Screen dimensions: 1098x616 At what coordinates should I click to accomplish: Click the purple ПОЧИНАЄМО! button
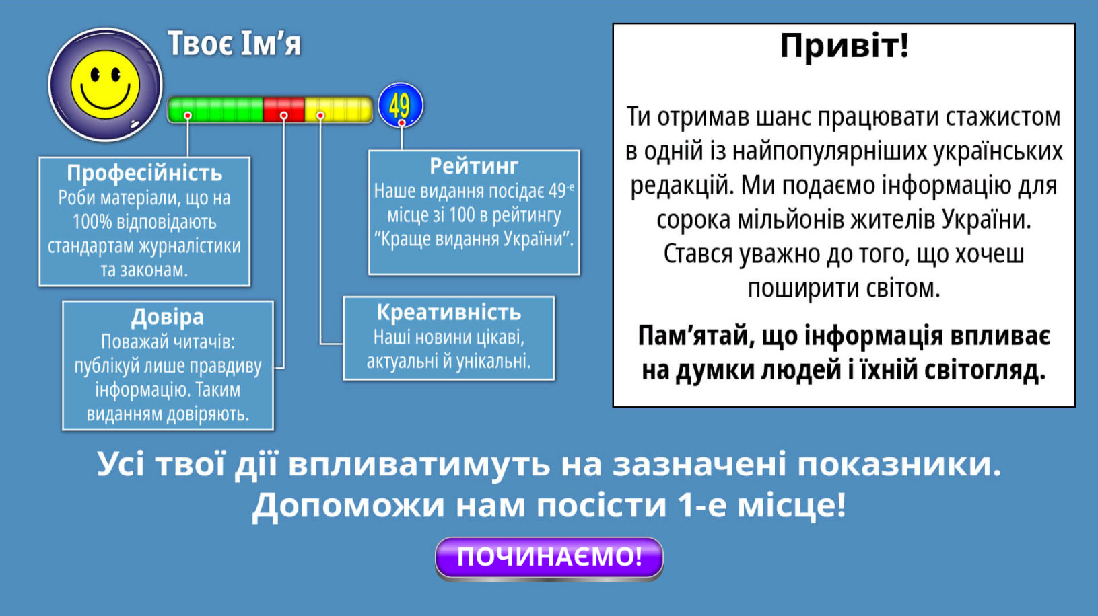tap(549, 558)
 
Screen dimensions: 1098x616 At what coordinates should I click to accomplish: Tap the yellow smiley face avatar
tap(105, 85)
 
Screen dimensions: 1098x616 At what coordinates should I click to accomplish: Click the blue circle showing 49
tap(401, 106)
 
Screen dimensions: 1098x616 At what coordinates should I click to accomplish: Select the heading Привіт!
tap(844, 46)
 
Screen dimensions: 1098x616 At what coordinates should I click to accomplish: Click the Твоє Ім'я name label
tap(234, 44)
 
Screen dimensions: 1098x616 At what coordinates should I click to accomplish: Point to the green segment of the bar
tap(215, 109)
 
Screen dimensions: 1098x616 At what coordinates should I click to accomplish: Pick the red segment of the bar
tap(284, 109)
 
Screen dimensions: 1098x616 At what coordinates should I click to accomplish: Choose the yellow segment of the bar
tap(338, 109)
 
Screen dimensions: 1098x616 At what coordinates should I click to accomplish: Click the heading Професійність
tap(145, 173)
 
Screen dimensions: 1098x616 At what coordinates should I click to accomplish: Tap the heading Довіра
tap(168, 317)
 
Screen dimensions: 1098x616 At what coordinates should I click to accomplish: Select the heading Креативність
tap(449, 312)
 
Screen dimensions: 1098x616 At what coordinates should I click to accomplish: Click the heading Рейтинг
tap(474, 166)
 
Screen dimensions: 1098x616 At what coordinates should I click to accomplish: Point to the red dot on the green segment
tap(188, 116)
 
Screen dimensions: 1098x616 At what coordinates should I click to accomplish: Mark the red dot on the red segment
tap(284, 116)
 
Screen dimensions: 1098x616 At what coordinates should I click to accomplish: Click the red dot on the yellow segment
tap(320, 116)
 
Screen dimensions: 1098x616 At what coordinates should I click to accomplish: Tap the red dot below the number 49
tap(401, 122)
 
